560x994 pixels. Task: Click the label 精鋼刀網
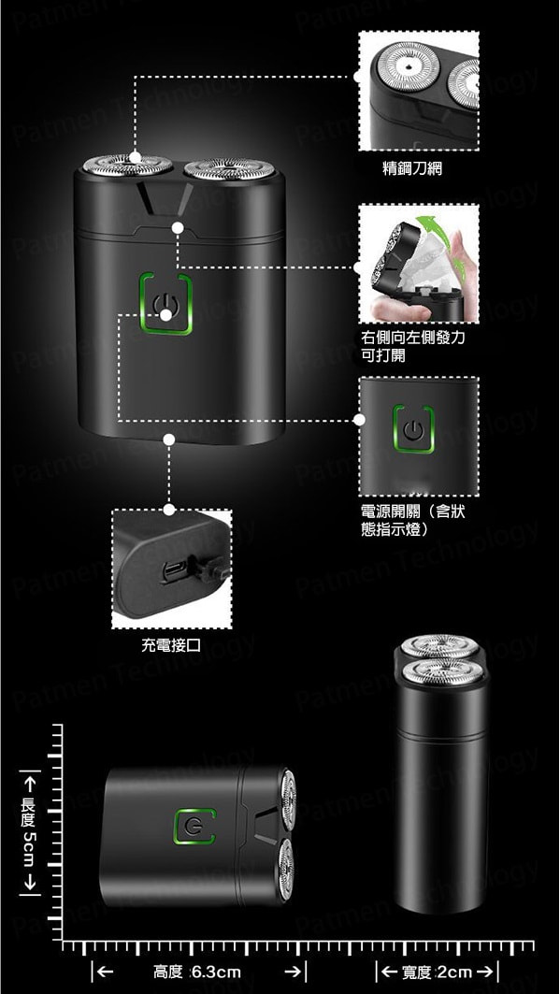tap(412, 168)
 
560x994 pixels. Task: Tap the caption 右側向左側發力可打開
tap(412, 346)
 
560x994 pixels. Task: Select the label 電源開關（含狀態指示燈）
tap(412, 520)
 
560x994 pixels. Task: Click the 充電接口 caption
tap(171, 645)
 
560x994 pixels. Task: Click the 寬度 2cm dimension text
tap(436, 972)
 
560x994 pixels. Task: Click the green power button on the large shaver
tap(165, 305)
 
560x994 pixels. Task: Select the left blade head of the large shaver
tap(127, 166)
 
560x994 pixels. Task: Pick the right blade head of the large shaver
tap(229, 168)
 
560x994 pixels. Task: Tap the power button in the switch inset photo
tap(412, 432)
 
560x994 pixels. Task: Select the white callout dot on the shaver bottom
tap(169, 439)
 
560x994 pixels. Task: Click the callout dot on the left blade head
tap(136, 156)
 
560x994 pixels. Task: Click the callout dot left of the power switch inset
tap(360, 420)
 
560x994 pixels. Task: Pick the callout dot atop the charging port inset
tap(169, 510)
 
